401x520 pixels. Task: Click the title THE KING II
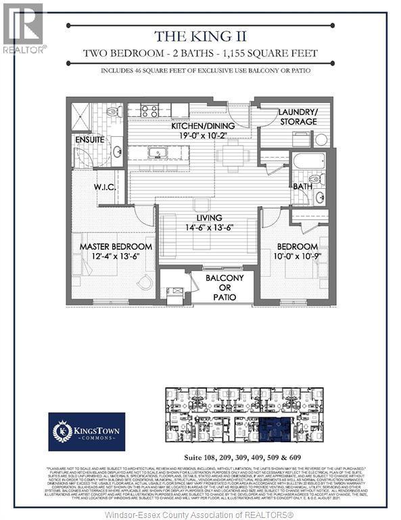[199, 36]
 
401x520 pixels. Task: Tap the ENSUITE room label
[90, 139]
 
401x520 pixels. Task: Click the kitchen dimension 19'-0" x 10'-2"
[184, 134]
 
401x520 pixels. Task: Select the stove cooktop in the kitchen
[150, 110]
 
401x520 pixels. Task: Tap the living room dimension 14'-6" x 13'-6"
[208, 228]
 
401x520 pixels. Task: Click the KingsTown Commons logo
[86, 431]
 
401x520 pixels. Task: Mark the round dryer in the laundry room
[321, 140]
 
